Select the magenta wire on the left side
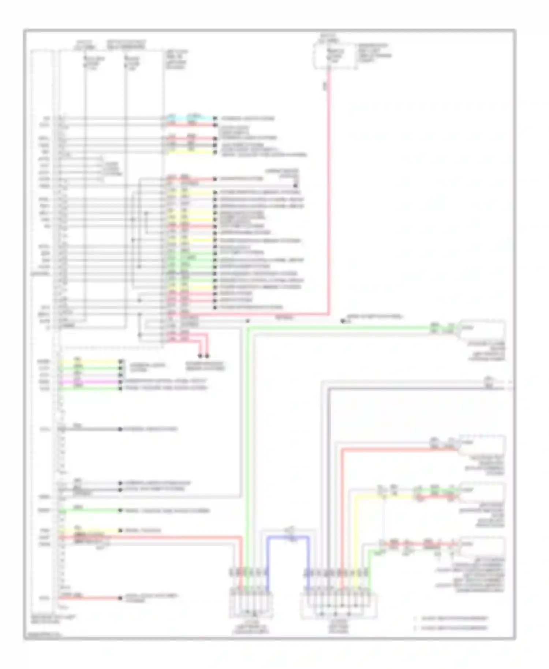click(x=90, y=381)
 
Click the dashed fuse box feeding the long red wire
click(x=335, y=56)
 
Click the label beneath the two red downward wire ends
click(x=205, y=366)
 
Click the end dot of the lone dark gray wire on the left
click(x=120, y=429)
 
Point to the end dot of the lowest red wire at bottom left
click(x=120, y=598)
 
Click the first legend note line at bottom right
click(x=454, y=618)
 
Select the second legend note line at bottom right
click(x=454, y=628)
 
